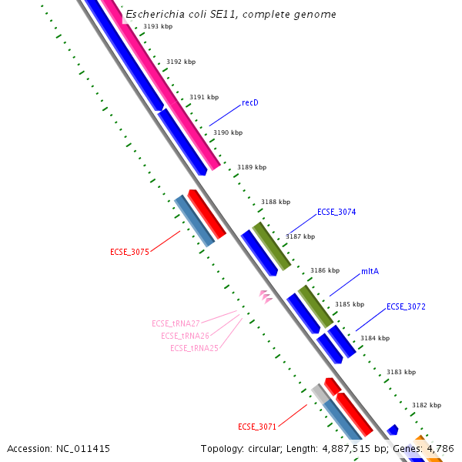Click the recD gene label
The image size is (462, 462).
[x=249, y=102]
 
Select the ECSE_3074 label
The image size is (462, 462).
[x=336, y=212]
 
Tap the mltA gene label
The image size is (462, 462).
[x=370, y=272]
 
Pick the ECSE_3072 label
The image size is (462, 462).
[x=406, y=306]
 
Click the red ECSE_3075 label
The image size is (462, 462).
[x=129, y=252]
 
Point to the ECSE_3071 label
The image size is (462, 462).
[x=257, y=427]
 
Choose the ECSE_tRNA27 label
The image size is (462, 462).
[x=176, y=323]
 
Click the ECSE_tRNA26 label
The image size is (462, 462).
[x=185, y=336]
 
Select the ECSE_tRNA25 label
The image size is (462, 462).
[x=194, y=348]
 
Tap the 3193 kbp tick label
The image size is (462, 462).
[x=158, y=26]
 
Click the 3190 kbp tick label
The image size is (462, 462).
[x=228, y=132]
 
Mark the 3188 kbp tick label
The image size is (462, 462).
[x=276, y=202]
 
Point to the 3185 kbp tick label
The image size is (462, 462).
[x=349, y=304]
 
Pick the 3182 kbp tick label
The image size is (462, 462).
[x=427, y=405]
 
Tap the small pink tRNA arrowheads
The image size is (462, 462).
[x=266, y=296]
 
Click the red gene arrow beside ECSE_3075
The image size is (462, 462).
[x=206, y=213]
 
